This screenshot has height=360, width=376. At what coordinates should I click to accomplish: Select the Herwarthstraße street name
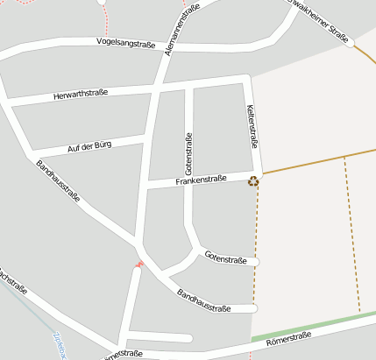click(80, 95)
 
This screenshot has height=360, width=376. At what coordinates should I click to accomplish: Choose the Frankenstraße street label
click(201, 180)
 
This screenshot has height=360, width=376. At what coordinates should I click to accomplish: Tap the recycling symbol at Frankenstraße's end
click(253, 181)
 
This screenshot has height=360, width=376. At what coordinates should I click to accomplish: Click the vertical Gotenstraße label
click(188, 154)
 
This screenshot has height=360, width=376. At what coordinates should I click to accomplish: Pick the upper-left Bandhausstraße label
click(58, 182)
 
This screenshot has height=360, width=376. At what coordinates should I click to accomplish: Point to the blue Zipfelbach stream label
click(60, 347)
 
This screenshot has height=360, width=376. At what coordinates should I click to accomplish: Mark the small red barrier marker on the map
click(139, 264)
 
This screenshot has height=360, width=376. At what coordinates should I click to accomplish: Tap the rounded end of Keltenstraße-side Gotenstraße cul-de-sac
click(257, 261)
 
